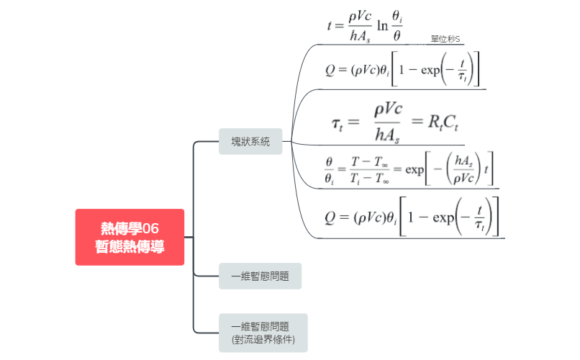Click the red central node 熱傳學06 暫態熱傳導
point(130,237)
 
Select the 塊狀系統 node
point(250,142)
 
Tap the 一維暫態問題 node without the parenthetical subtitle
point(260,276)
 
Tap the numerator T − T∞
point(368,163)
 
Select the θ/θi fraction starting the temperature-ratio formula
point(330,172)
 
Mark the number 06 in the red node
point(150,229)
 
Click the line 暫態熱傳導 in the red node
point(130,246)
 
